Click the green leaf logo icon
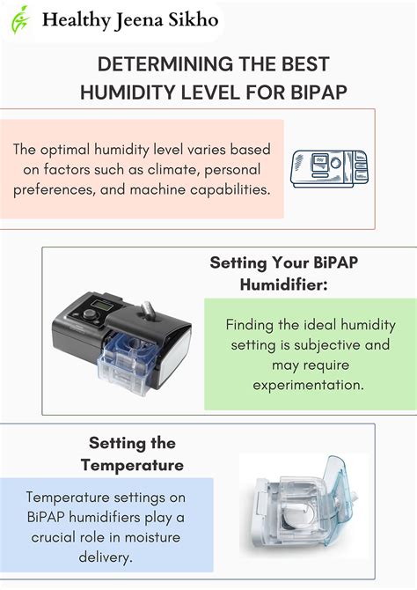pos(19,18)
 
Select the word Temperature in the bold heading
pos(132,464)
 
